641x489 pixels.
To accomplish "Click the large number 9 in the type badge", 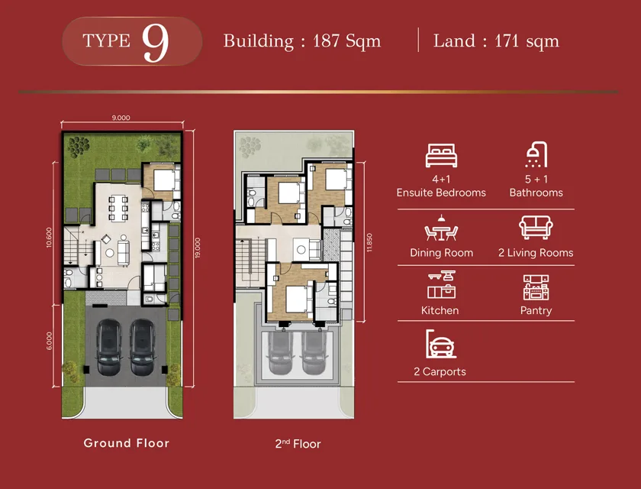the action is pyautogui.click(x=156, y=42).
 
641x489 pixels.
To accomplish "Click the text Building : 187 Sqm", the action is pyautogui.click(x=301, y=41).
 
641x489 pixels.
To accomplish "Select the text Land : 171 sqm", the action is pyautogui.click(x=496, y=41).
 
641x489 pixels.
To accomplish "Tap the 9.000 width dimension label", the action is pyautogui.click(x=121, y=118).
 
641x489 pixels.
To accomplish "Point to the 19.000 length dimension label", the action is pyautogui.click(x=198, y=248).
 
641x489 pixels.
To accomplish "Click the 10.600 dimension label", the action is pyautogui.click(x=49, y=238).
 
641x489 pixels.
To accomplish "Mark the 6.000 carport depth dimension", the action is pyautogui.click(x=49, y=341).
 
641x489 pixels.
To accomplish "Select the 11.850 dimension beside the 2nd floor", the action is pyautogui.click(x=369, y=242).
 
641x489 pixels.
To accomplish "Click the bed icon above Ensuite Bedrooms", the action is pyautogui.click(x=441, y=156).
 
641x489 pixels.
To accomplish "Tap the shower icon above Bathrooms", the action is pyautogui.click(x=536, y=154).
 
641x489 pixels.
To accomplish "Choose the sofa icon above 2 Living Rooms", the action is pyautogui.click(x=536, y=228).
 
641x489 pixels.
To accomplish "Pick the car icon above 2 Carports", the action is pyautogui.click(x=441, y=344).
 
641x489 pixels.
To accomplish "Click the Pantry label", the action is pyautogui.click(x=536, y=310).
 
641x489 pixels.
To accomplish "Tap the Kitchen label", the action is pyautogui.click(x=440, y=310).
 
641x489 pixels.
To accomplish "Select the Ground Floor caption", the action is pyautogui.click(x=127, y=443).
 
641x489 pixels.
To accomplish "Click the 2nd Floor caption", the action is pyautogui.click(x=298, y=444).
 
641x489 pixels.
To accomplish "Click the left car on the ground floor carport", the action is pyautogui.click(x=108, y=347).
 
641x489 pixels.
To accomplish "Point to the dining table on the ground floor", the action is pyautogui.click(x=118, y=209).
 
